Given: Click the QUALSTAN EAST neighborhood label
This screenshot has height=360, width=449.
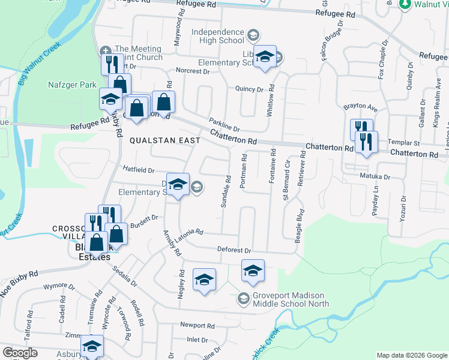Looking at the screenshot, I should [x=164, y=140].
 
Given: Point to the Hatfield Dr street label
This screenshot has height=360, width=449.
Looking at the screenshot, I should [x=139, y=170].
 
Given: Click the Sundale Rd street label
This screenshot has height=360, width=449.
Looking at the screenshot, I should [x=227, y=192].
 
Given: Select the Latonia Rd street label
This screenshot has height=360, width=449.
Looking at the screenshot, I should [x=189, y=232].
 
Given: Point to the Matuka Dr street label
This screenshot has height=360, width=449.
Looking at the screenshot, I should [x=375, y=177].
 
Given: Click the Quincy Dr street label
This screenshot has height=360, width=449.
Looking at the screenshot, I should [x=250, y=89].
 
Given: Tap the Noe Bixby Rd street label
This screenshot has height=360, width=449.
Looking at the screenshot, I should [x=20, y=277].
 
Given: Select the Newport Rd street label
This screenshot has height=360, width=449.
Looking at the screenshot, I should [x=197, y=325].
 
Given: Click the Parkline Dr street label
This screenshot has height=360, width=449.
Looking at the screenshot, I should [x=224, y=124].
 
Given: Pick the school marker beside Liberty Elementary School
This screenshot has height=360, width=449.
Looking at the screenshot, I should [x=264, y=57].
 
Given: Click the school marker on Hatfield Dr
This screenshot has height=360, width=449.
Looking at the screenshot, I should [x=178, y=185].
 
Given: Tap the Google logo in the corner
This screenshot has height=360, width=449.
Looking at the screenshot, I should [x=20, y=353].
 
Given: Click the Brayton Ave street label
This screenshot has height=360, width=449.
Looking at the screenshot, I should [x=360, y=107].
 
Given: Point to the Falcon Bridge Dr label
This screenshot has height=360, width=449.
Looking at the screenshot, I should [x=333, y=41].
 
